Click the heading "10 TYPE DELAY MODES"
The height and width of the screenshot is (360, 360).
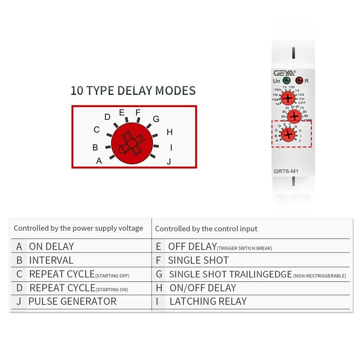[x=133, y=90]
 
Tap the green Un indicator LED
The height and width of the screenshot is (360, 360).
[x=286, y=81]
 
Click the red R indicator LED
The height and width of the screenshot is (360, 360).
[x=299, y=81]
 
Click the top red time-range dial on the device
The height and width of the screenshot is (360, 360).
[x=289, y=98]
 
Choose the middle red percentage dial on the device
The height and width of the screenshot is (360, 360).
[x=294, y=117]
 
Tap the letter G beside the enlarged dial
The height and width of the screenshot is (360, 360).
[x=156, y=119]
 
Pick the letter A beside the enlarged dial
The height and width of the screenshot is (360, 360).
[x=99, y=160]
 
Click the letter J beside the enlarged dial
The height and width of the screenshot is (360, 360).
[x=169, y=161]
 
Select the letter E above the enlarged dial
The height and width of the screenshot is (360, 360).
[x=121, y=112]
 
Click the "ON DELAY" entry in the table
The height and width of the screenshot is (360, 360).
[x=51, y=247]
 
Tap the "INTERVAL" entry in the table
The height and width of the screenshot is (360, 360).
[x=51, y=260]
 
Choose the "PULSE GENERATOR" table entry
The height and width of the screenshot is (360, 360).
[x=72, y=301]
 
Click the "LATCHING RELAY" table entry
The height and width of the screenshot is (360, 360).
[x=208, y=301]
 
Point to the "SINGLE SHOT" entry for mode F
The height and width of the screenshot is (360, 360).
[x=198, y=260]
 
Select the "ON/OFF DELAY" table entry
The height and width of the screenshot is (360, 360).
[x=202, y=288]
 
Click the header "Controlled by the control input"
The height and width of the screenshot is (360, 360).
[x=206, y=229]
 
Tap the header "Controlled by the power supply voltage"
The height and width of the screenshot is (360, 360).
[x=78, y=228]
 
